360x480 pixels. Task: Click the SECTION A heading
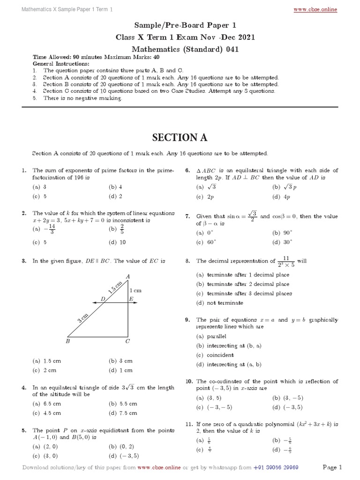[x=180, y=137]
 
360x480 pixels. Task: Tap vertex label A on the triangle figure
[x=127, y=276]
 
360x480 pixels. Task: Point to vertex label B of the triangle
[x=67, y=342]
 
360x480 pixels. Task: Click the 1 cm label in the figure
[x=135, y=291]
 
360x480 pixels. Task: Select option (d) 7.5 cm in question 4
[x=123, y=413]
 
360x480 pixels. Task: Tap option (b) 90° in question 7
[x=282, y=232]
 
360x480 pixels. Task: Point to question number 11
[x=189, y=424]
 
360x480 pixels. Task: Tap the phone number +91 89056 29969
[x=276, y=467]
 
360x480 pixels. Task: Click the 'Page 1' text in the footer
[x=332, y=467]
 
